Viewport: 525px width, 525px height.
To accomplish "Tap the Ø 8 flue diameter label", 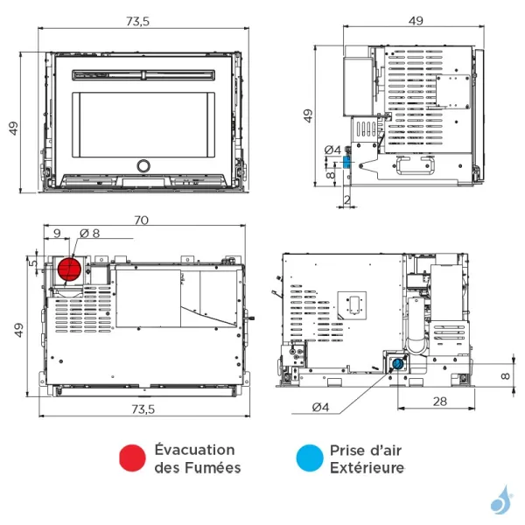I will [x=91, y=234].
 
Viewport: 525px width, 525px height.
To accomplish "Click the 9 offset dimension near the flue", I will [x=57, y=234].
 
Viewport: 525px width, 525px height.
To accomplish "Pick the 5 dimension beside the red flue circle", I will [x=31, y=261].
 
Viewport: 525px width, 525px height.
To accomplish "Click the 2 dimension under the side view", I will [x=347, y=200].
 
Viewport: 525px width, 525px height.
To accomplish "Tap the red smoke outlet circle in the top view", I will [x=69, y=269].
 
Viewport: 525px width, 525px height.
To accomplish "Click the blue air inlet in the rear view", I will [x=399, y=362].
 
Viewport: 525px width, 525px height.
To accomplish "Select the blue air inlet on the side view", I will [x=346, y=161].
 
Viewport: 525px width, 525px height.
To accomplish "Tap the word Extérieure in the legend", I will [x=367, y=467].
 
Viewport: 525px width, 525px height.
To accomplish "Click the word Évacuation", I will [x=194, y=450].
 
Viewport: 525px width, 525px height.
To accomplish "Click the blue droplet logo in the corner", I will [x=500, y=500].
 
